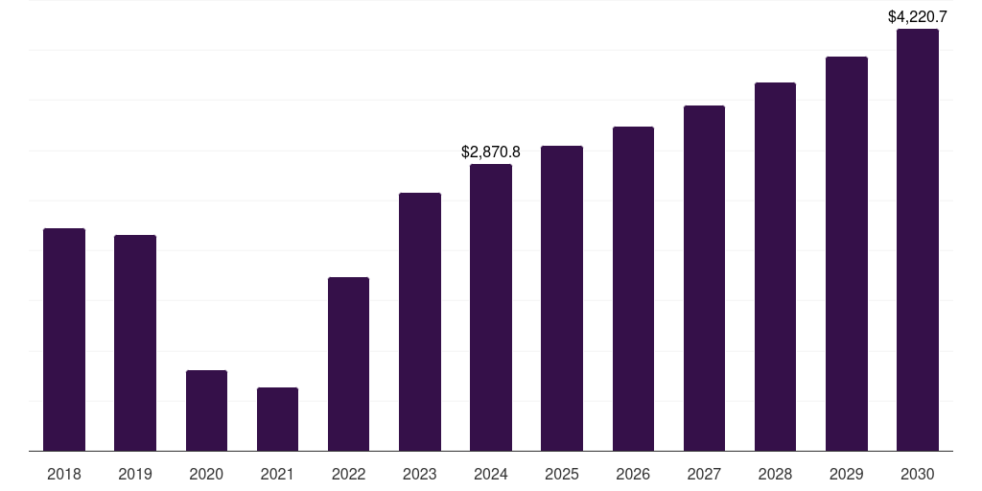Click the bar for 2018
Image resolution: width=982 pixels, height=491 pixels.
coord(64,339)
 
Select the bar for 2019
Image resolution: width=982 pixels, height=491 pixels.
coord(135,342)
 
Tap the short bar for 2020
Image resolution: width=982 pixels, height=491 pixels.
coord(206,410)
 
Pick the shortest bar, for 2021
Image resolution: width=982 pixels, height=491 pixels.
coord(277,419)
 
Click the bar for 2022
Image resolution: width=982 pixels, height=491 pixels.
coord(348,363)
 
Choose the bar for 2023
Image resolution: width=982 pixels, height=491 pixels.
coord(420,321)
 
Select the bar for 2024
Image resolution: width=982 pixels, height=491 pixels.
coord(491,307)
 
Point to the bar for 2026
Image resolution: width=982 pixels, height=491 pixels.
coord(633,289)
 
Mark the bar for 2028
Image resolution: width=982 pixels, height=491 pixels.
coord(775,267)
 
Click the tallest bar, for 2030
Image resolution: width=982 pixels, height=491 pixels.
coord(918,240)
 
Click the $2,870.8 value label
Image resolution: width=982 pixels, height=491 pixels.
coord(491,152)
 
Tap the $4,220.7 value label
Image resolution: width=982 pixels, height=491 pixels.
coord(918,16)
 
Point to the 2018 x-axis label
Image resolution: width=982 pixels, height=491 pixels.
coord(64,474)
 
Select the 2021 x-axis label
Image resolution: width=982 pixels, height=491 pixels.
coord(277,474)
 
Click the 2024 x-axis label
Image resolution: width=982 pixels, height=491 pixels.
coord(491,474)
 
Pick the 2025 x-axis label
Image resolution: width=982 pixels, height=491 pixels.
coord(562,474)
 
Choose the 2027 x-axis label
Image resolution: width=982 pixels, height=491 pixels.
coord(704,474)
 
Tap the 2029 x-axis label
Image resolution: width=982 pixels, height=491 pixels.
coord(846,474)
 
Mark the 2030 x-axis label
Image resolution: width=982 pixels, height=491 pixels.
coord(918,474)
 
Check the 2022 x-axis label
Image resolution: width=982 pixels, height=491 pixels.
coord(348,474)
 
